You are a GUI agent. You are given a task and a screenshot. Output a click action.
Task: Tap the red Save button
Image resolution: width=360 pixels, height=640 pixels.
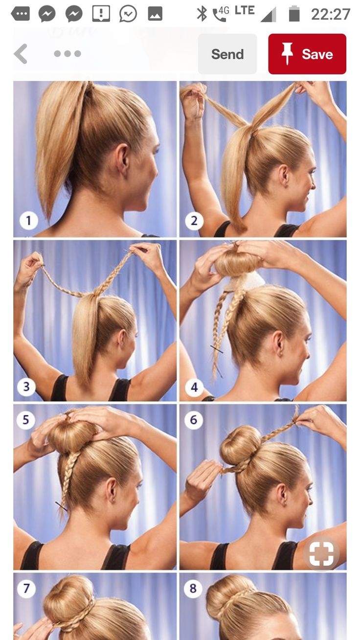point(307,54)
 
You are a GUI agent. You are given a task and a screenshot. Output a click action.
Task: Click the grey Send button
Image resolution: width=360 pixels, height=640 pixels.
point(227,54)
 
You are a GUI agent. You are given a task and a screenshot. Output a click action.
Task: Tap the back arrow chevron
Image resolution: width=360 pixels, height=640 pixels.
point(21,54)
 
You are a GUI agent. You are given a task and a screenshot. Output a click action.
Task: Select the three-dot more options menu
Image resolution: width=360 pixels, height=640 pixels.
point(67,53)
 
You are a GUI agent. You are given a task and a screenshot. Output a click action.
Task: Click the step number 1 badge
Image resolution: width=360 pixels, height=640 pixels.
point(28,221)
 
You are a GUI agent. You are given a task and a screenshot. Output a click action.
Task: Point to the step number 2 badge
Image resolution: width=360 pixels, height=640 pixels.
point(194,221)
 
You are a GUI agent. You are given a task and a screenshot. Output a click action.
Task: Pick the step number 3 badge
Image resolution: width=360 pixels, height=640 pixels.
point(26,387)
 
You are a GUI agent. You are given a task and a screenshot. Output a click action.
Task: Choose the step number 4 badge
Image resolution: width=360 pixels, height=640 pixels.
point(194,387)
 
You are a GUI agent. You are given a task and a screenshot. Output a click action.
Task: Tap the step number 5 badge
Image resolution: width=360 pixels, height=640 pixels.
point(26,420)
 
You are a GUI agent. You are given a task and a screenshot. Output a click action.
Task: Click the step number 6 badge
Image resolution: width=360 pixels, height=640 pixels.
point(194,420)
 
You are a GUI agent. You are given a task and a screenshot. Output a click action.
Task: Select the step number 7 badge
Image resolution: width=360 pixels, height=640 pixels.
point(26,588)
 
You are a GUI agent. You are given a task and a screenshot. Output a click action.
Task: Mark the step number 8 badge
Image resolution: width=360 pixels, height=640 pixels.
point(193,588)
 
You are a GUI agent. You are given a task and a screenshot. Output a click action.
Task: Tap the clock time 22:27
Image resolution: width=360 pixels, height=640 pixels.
point(331,14)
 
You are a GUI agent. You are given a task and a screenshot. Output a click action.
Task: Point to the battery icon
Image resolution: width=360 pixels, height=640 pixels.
point(294,14)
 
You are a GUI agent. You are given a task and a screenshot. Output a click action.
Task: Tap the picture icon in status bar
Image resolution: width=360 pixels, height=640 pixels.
point(155,14)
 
